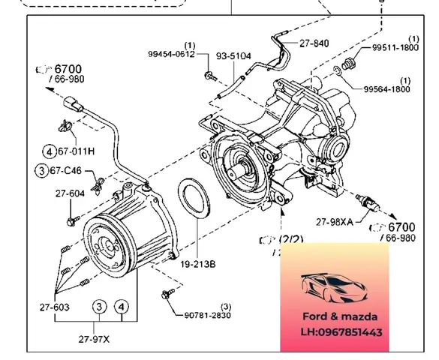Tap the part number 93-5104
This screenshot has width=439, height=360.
click(x=233, y=55)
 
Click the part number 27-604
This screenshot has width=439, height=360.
click(x=70, y=193)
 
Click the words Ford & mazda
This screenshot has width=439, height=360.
click(x=335, y=316)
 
